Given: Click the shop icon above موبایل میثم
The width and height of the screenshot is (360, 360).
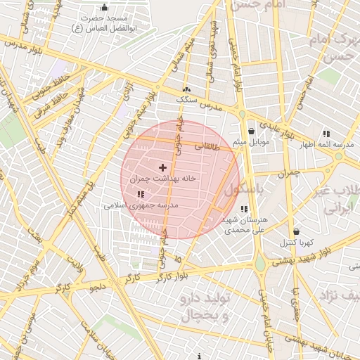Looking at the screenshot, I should point(251,131).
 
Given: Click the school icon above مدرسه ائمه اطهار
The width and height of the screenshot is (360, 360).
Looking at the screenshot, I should point(326,133).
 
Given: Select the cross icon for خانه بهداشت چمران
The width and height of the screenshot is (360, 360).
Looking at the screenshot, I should point(163,167).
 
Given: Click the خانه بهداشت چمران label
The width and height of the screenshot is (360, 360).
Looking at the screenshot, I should point(163,179).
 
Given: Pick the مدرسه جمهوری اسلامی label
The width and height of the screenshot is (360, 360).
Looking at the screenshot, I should point(141,205).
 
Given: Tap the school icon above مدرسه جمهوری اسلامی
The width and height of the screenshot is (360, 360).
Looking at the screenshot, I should point(141,194).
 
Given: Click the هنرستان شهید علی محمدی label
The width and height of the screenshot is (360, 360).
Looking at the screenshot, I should point(243,224).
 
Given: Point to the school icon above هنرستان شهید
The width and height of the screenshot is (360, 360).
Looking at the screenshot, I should point(243,209).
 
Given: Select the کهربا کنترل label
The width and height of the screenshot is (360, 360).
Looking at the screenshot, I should point(297,243).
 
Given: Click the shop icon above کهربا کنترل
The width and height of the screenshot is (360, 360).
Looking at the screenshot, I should point(296,231).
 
